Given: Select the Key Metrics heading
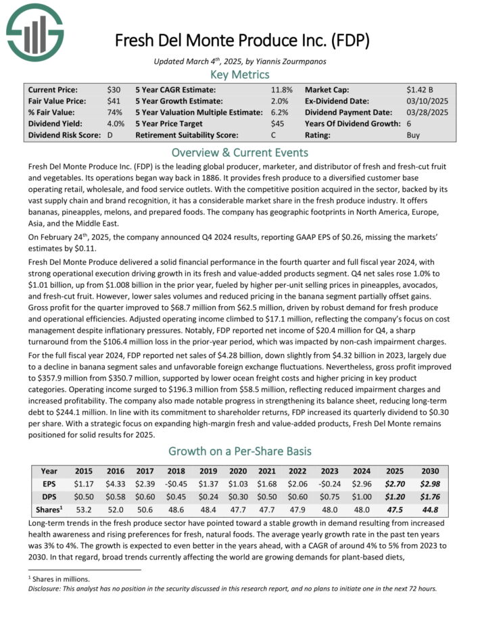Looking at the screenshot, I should (240, 74).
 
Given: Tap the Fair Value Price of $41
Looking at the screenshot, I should (114, 101).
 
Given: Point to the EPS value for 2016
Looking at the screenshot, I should (116, 483).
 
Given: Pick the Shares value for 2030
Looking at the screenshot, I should (429, 509).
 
